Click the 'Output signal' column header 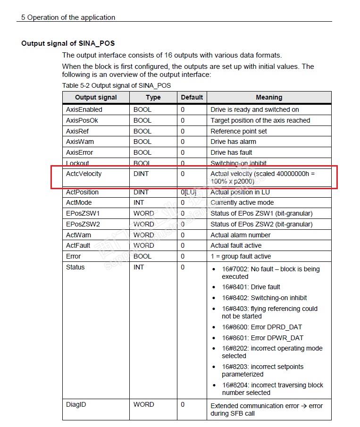pyautogui.click(x=96, y=98)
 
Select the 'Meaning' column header pyautogui.click(x=269, y=98)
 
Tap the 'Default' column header pyautogui.click(x=192, y=98)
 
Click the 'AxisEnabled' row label pyautogui.click(x=84, y=109)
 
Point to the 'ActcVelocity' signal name pyautogui.click(x=84, y=174)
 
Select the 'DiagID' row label pyautogui.click(x=76, y=404)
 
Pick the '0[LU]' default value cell pyautogui.click(x=189, y=192)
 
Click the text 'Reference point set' pyautogui.click(x=239, y=131)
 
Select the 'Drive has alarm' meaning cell pyautogui.click(x=234, y=142)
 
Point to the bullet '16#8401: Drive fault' pyautogui.click(x=251, y=287)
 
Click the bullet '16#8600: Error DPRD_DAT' pyautogui.click(x=262, y=327)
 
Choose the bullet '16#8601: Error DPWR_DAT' pyautogui.click(x=263, y=338)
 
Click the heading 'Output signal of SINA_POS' pyautogui.click(x=68, y=43)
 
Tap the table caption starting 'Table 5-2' pyautogui.click(x=117, y=85)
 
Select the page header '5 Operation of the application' pyautogui.click(x=68, y=17)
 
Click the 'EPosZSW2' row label pyautogui.click(x=83, y=224)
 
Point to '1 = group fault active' pyautogui.click(x=241, y=256)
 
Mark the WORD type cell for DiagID pyautogui.click(x=144, y=404)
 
